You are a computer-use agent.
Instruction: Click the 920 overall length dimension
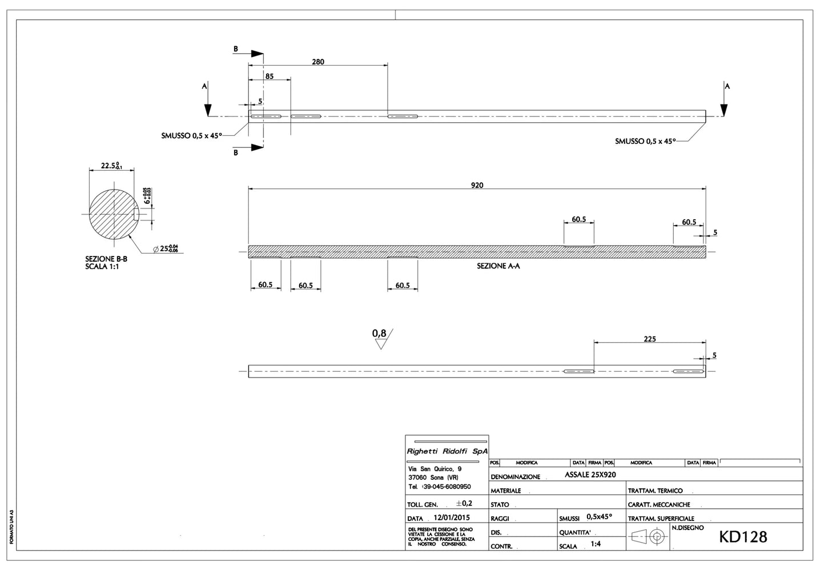click(x=477, y=185)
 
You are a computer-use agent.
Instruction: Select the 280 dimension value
click(x=318, y=62)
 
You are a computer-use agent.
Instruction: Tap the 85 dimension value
click(x=269, y=76)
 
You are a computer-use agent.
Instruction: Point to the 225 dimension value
click(x=650, y=339)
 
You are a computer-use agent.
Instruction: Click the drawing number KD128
click(x=743, y=537)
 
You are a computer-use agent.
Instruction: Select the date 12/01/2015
click(x=452, y=517)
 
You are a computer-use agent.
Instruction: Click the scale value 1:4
click(x=595, y=544)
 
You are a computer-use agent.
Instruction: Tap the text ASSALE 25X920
click(x=590, y=475)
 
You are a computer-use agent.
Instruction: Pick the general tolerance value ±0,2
click(x=464, y=503)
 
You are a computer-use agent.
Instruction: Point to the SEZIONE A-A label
click(x=498, y=266)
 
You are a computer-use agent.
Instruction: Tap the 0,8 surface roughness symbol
click(x=381, y=338)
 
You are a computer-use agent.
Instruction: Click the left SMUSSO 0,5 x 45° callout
click(x=191, y=136)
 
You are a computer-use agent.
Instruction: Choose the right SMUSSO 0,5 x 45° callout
click(x=645, y=141)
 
